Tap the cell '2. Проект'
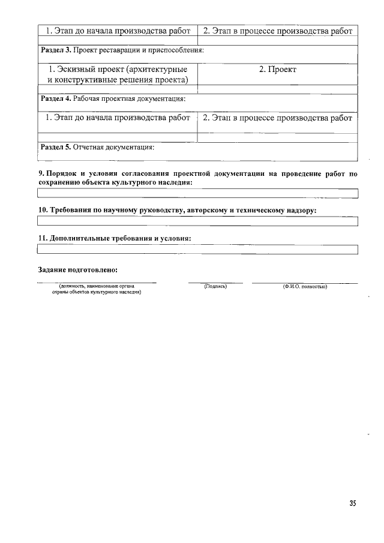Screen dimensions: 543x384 point(278,70)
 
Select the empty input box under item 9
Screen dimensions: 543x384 point(197,193)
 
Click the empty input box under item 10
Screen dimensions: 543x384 point(197,221)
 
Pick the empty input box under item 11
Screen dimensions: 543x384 point(197,250)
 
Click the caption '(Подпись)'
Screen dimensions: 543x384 point(215,287)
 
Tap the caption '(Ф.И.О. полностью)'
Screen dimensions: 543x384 point(304,287)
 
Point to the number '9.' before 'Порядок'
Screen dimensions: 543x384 point(41,174)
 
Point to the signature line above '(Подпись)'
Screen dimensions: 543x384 point(215,282)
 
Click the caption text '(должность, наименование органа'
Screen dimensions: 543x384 point(96,287)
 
